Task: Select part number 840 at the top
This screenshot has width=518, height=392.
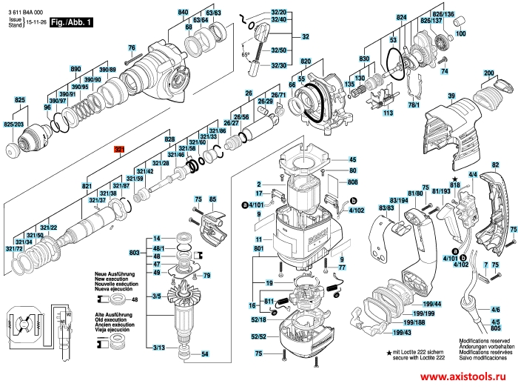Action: [x=184, y=13]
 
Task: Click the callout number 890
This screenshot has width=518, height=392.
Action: [x=75, y=69]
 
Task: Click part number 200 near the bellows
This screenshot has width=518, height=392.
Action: [x=488, y=72]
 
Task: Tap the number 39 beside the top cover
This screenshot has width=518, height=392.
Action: [x=449, y=97]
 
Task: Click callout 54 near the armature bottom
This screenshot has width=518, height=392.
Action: [x=205, y=354]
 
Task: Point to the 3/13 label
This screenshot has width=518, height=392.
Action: [x=158, y=348]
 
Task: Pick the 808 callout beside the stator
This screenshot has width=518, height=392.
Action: [x=353, y=182]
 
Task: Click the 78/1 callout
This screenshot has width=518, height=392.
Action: [x=413, y=104]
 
